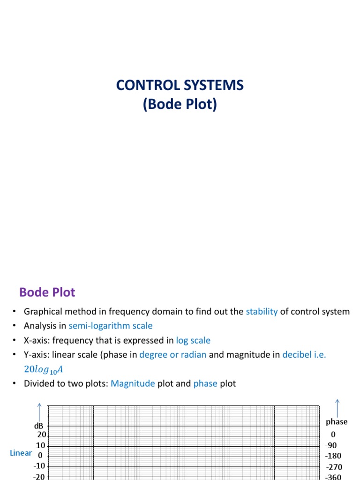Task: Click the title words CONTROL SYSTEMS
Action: click(x=180, y=85)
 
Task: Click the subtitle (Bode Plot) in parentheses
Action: click(x=180, y=105)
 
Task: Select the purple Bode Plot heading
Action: click(x=47, y=292)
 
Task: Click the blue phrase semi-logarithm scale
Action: click(x=111, y=326)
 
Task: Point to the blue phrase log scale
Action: click(x=193, y=340)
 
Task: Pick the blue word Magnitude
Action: click(x=133, y=383)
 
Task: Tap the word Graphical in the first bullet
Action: click(x=43, y=311)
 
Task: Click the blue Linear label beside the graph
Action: click(x=21, y=453)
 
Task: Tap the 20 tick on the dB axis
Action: click(x=42, y=435)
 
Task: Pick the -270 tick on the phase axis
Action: click(x=334, y=467)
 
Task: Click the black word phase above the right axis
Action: click(x=337, y=422)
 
